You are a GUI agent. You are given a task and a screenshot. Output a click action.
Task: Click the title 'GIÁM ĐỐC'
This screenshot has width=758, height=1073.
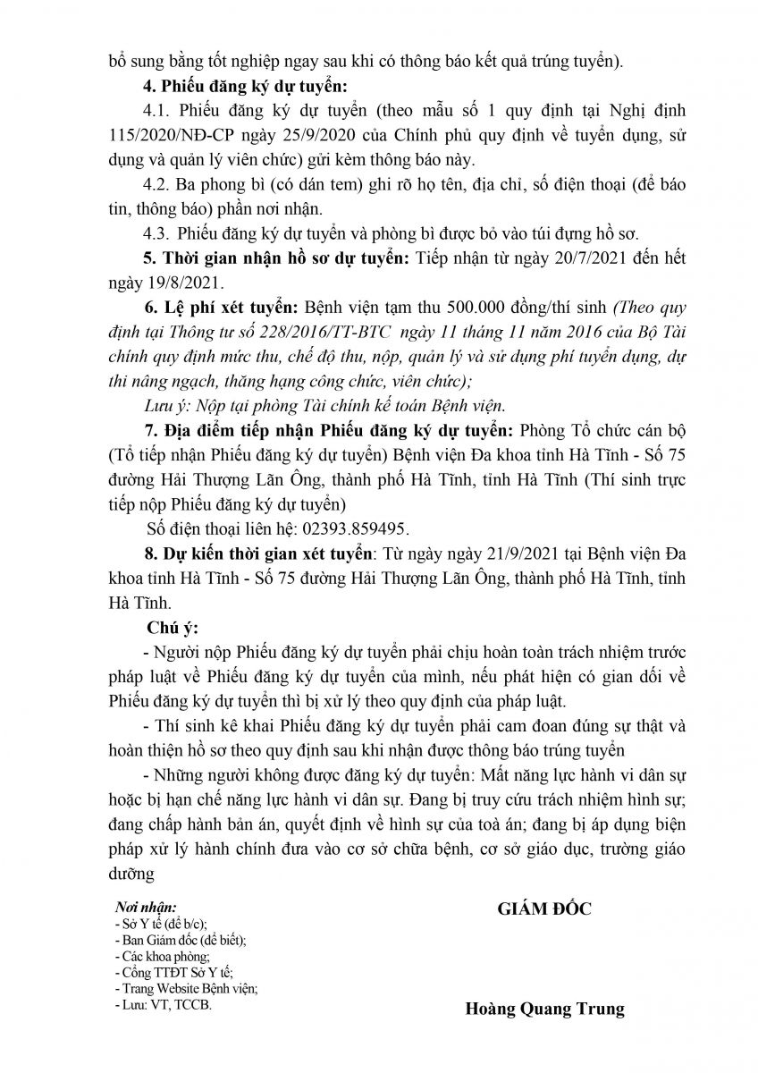544,909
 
